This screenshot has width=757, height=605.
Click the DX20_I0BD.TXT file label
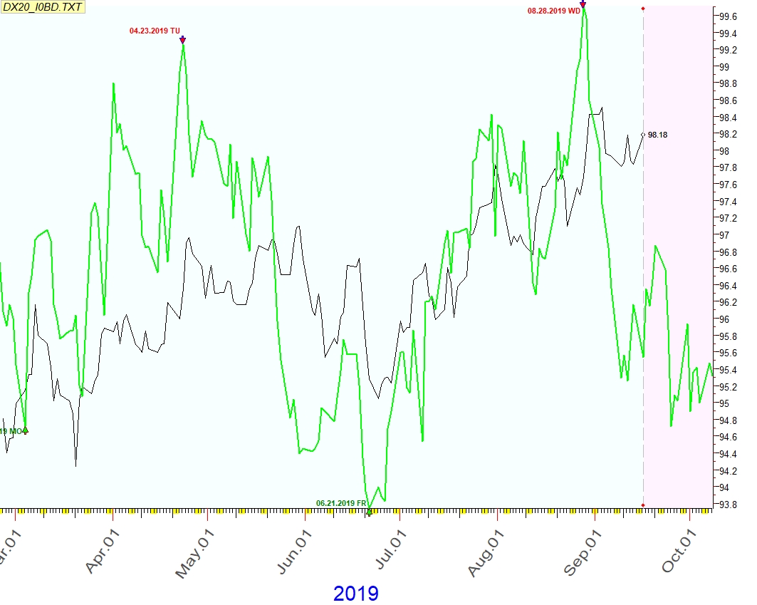click(x=43, y=6)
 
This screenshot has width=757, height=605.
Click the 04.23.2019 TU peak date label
click(x=155, y=31)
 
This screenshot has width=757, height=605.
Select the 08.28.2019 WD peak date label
click(x=553, y=11)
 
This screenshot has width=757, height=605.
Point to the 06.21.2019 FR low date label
click(x=341, y=503)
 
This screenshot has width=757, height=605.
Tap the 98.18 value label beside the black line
click(x=659, y=134)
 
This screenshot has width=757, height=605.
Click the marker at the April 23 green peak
click(x=183, y=40)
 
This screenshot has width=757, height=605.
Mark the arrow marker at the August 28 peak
click(x=583, y=5)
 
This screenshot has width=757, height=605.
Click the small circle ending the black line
click(x=643, y=134)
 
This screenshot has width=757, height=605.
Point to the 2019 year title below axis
click(x=355, y=593)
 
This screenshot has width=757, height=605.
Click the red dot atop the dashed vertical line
click(x=643, y=9)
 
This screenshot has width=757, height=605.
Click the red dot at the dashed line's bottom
click(x=643, y=505)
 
